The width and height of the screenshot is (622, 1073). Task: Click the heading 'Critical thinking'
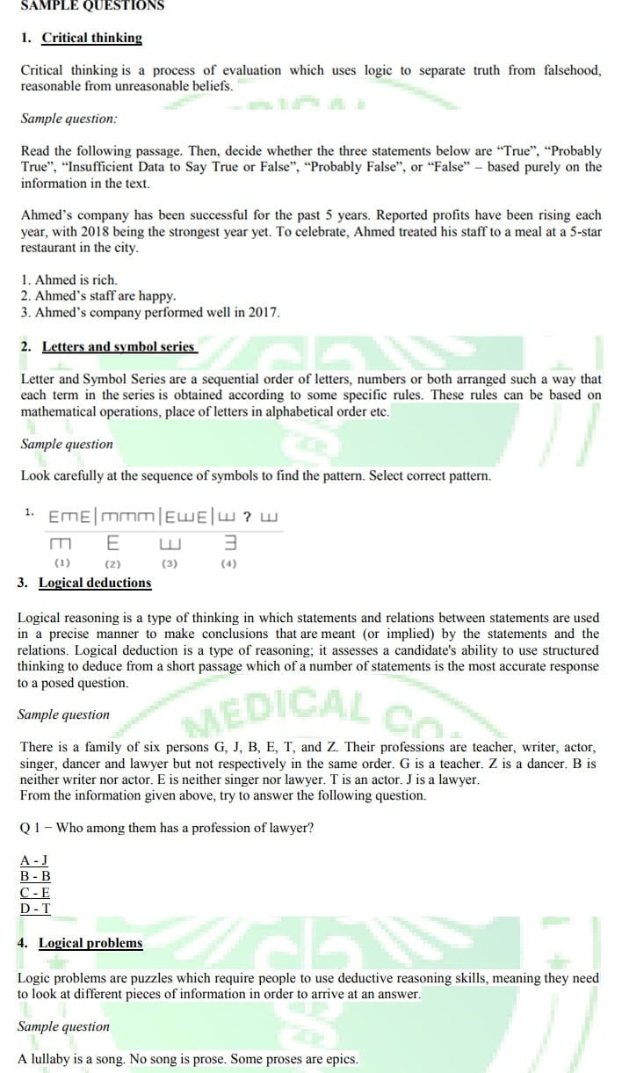[91, 38]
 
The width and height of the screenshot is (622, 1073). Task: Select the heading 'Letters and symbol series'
[119, 346]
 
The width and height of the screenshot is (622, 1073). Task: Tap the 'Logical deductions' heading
[95, 583]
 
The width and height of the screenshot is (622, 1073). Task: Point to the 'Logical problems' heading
[90, 943]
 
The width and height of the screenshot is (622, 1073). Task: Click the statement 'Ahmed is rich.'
[69, 280]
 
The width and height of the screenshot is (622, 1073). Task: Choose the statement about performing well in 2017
[150, 312]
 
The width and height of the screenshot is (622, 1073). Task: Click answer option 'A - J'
[34, 859]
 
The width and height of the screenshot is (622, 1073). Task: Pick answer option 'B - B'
[35, 876]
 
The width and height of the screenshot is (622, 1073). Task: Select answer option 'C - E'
[35, 893]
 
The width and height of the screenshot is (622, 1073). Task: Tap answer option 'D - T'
[35, 910]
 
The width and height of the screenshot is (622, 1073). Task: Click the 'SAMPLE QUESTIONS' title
[92, 5]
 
